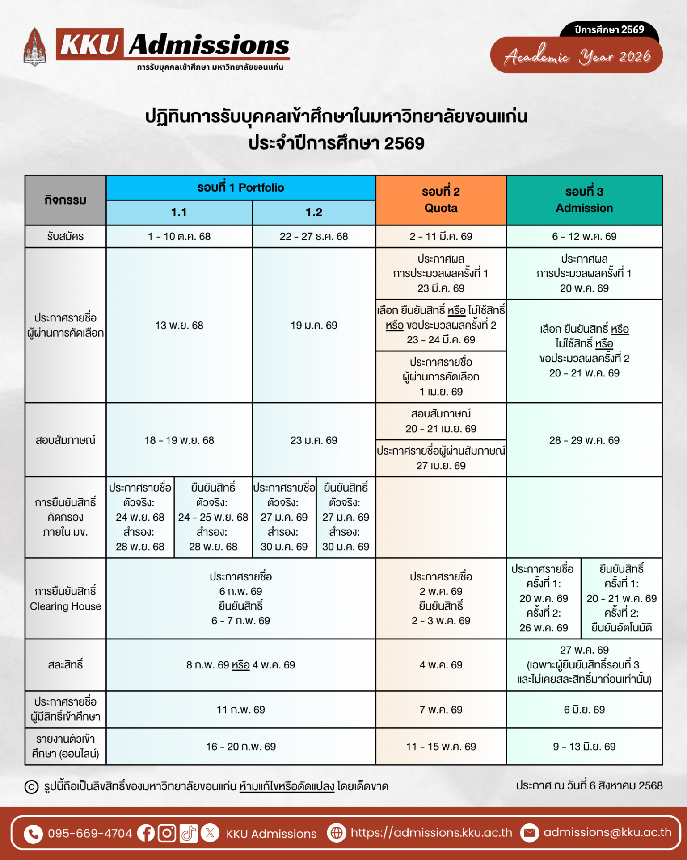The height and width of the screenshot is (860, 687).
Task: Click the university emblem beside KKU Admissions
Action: (x=34, y=47)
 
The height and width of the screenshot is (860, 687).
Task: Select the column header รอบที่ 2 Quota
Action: (x=441, y=200)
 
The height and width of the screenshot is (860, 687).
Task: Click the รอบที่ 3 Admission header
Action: (x=584, y=200)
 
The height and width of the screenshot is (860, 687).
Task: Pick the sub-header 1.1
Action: (x=179, y=212)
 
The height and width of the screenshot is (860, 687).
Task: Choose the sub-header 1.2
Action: (x=314, y=212)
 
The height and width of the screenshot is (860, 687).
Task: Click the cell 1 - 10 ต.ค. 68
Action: (x=179, y=236)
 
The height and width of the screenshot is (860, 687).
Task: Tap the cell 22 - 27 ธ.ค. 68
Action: (x=314, y=236)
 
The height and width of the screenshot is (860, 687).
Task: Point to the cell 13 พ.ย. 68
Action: (x=179, y=325)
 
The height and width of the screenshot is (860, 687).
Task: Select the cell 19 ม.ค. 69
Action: (x=314, y=325)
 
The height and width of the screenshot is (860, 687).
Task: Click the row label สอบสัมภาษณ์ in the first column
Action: (x=65, y=440)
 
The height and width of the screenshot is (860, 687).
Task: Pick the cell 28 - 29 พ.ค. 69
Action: (x=584, y=440)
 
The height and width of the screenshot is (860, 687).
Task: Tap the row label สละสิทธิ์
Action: (x=65, y=664)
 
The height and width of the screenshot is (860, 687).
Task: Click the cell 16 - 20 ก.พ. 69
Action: (x=240, y=746)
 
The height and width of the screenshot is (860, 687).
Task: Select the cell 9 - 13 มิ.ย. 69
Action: (x=584, y=746)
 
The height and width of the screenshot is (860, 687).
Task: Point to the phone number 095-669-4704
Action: (x=90, y=833)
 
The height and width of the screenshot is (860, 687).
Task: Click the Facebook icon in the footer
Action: (x=146, y=833)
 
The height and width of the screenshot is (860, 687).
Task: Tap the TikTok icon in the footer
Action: (x=188, y=833)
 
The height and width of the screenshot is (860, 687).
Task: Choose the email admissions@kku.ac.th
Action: (x=607, y=832)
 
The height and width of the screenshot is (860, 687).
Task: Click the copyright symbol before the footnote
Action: (x=31, y=786)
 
